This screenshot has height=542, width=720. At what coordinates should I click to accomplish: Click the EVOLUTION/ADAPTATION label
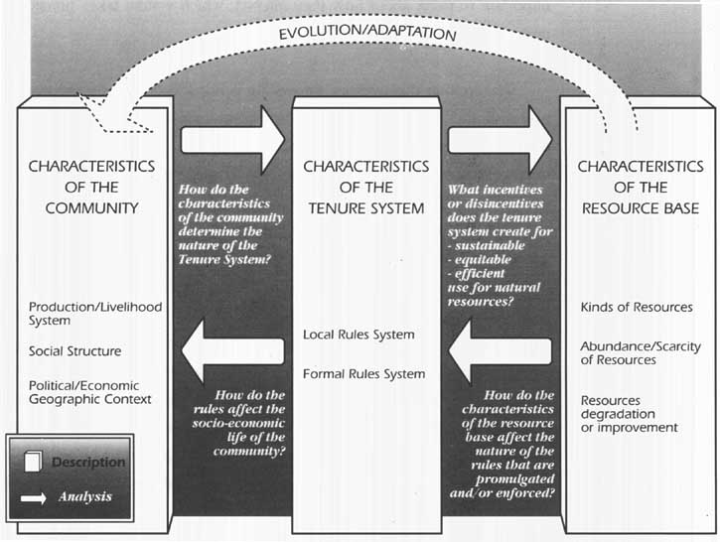pos(367,33)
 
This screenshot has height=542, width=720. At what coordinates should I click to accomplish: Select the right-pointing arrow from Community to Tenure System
pos(232,140)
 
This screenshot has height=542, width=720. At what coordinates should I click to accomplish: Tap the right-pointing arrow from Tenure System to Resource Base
pos(501,140)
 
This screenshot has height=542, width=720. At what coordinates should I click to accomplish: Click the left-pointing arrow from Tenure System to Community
pos(232,351)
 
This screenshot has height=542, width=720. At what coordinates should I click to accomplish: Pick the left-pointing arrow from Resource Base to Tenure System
pos(501,351)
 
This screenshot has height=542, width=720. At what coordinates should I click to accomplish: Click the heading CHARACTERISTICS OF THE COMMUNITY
pos(91,188)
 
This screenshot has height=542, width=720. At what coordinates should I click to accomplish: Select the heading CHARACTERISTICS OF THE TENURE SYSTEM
pos(366,188)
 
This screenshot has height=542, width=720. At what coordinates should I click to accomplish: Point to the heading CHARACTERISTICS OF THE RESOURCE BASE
pos(641,188)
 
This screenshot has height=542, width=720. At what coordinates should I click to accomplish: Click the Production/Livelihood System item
pos(95,314)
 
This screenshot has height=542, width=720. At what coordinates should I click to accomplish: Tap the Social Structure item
pos(74,351)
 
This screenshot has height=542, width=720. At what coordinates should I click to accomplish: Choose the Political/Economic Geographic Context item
pos(90,392)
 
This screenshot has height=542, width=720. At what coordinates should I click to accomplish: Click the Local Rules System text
pos(359,335)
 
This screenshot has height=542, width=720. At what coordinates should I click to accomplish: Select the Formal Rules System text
pos(364,374)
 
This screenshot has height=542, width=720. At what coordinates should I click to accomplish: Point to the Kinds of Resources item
pos(637,307)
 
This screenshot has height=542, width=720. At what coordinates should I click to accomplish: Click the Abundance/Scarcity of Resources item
pos(641,353)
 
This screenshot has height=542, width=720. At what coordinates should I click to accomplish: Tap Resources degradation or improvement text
pos(629,414)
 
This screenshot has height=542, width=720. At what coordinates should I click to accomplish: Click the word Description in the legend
pos(88,463)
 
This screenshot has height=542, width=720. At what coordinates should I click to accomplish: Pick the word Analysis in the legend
pos(85,496)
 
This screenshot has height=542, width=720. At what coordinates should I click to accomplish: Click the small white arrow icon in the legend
pos(33,498)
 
